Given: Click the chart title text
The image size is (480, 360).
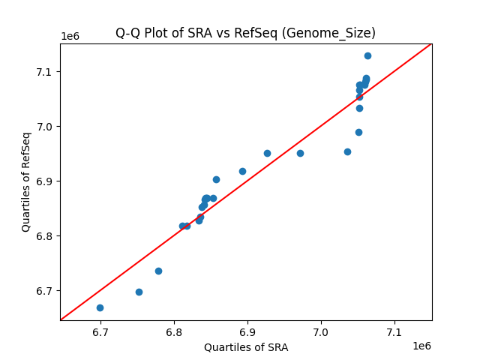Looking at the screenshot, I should click(x=245, y=33).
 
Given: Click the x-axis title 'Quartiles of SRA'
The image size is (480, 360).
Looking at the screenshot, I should click(x=246, y=347).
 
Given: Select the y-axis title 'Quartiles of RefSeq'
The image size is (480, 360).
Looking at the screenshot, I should click(x=26, y=181).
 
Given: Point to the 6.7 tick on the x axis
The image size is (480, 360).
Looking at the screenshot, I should click(x=100, y=331).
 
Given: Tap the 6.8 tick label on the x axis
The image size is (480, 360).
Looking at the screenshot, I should click(x=174, y=331).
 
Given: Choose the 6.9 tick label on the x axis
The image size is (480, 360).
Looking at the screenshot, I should click(x=247, y=331).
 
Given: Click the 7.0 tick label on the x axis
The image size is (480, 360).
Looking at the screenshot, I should click(x=321, y=331).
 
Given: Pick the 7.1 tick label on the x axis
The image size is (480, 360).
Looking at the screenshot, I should click(x=394, y=331).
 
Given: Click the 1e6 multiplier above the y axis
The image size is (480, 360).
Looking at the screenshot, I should click(x=70, y=37).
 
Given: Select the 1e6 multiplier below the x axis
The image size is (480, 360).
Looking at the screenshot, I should click(x=421, y=346).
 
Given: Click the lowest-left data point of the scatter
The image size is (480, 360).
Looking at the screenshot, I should click(x=100, y=307).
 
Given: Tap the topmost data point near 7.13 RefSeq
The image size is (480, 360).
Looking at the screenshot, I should click(x=367, y=55).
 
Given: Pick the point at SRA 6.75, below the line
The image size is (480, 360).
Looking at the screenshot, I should click(x=139, y=292).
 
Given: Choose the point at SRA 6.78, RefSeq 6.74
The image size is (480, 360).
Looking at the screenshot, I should click(x=158, y=271).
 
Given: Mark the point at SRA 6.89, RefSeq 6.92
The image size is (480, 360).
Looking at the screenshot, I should click(x=242, y=171).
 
